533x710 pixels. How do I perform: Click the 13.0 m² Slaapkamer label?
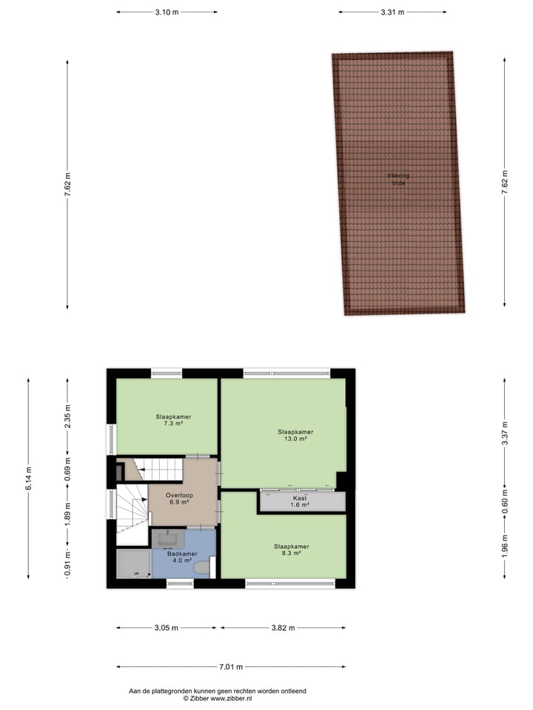click(x=295, y=435)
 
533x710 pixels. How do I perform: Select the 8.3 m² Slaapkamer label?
click(x=290, y=550)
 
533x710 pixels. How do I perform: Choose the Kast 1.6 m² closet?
click(x=300, y=502)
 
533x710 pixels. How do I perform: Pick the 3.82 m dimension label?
click(x=282, y=628)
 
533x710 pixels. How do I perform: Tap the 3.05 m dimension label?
click(x=167, y=628)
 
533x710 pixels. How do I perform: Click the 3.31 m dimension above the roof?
click(x=392, y=12)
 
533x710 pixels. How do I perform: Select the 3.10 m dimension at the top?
click(x=167, y=12)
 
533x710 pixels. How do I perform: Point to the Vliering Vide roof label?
click(x=398, y=179)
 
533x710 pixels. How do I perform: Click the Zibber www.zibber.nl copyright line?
click(x=218, y=698)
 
